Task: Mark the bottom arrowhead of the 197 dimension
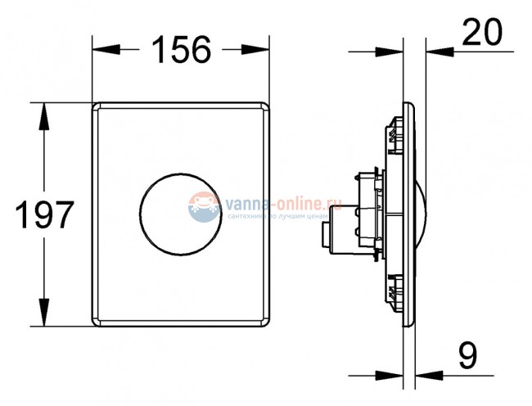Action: pos(38,320)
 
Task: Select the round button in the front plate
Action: pos(180,215)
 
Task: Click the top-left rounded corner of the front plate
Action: pos(97,106)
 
